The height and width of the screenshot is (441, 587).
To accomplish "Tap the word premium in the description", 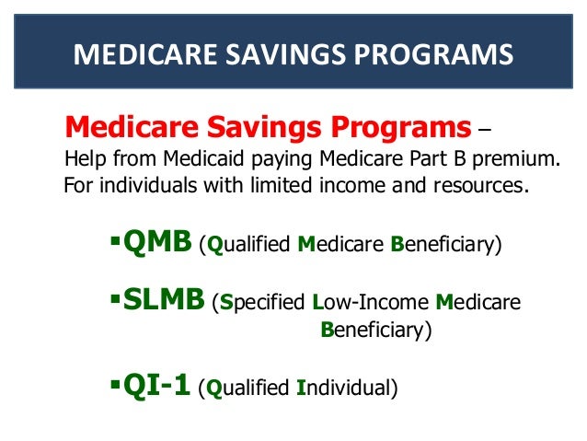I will [522, 159].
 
